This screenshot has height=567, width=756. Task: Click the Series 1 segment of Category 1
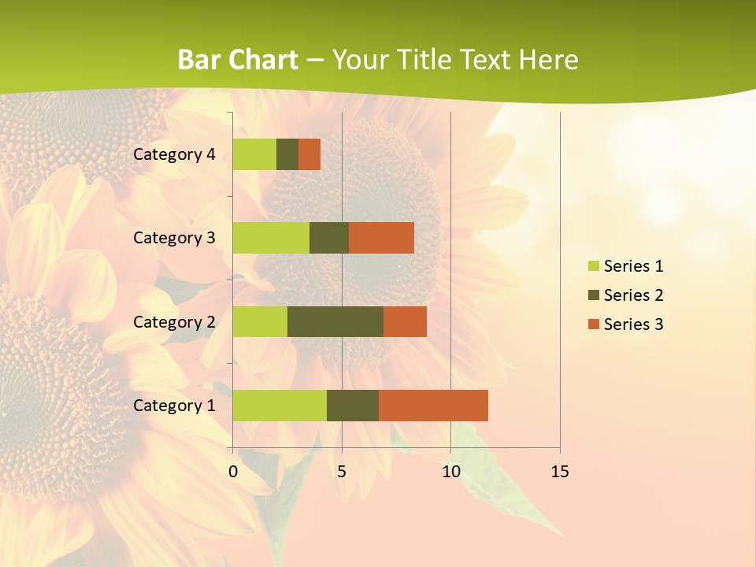tap(280, 405)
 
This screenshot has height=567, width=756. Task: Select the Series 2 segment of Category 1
tap(353, 405)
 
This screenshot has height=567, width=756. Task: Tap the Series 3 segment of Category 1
tap(433, 405)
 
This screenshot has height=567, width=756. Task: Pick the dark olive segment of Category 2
tap(335, 321)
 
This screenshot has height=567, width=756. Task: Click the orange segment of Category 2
tap(405, 321)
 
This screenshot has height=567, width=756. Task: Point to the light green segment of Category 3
tap(271, 238)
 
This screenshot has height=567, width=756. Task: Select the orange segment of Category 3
tap(381, 238)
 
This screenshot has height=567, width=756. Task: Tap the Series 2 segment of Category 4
tap(287, 154)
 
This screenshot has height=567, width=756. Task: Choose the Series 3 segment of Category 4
tap(309, 154)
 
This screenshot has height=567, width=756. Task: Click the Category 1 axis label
tap(174, 406)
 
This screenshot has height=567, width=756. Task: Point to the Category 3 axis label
tap(174, 238)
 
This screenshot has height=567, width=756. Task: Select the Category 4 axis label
tap(174, 154)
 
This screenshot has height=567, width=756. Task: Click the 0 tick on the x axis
tap(233, 472)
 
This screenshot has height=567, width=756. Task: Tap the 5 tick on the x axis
tap(342, 472)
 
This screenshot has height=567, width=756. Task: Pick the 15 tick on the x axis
tap(560, 472)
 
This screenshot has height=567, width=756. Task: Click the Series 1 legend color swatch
tap(593, 266)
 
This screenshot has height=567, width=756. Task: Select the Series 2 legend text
tap(633, 295)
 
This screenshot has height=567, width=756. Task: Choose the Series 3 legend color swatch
tap(593, 324)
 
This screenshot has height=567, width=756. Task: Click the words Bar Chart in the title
tap(238, 60)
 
